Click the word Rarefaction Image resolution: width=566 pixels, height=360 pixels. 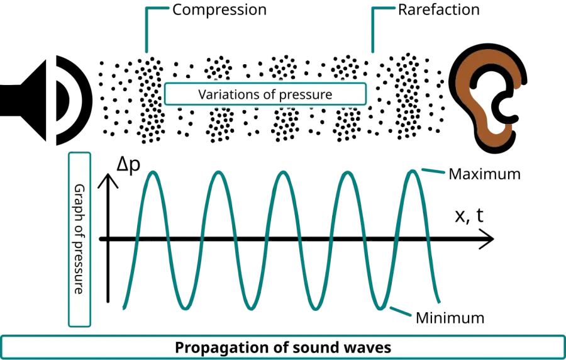coord(438,9)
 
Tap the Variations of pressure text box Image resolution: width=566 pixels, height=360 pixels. coord(265,94)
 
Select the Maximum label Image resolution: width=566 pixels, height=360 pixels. coord(484,174)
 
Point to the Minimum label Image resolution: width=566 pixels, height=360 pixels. coord(450,318)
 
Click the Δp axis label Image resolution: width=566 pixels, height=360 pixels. coord(128,166)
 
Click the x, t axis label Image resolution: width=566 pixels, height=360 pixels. coord(469,216)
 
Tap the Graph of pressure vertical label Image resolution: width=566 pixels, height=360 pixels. coord(79,239)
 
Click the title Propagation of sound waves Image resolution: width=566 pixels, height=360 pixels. coord(283,347)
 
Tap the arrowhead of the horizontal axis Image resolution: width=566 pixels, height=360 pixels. coord(487,239)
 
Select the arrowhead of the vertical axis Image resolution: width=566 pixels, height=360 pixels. coord(108,180)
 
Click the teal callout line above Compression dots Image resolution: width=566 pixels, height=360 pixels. coord(147,29)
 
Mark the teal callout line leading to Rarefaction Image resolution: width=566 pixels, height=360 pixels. coord(373,29)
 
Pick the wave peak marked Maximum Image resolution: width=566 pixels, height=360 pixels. coord(412,171)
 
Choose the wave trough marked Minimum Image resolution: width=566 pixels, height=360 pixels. coord(380,308)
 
